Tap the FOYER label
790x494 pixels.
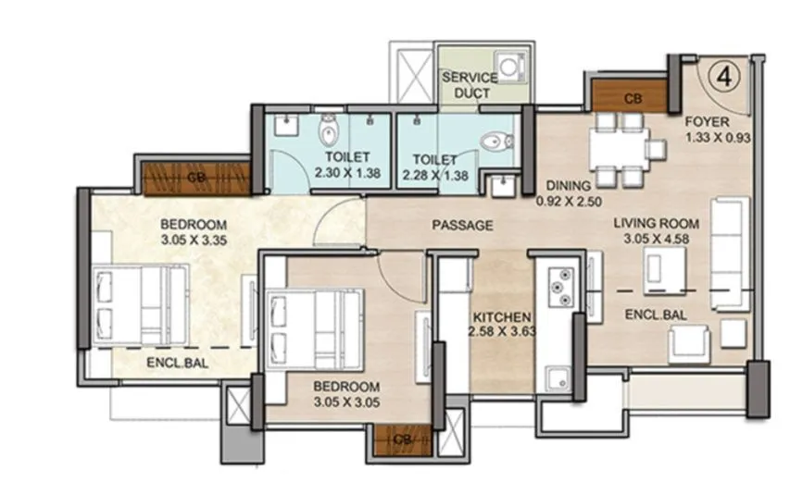tap(708, 122)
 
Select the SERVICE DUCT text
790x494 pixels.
tap(469, 85)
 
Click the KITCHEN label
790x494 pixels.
tap(499, 315)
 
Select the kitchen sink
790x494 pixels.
tap(558, 377)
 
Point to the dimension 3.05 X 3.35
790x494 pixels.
tap(194, 239)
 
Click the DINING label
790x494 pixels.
tap(564, 184)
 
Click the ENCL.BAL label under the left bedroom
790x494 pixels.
tap(177, 364)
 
